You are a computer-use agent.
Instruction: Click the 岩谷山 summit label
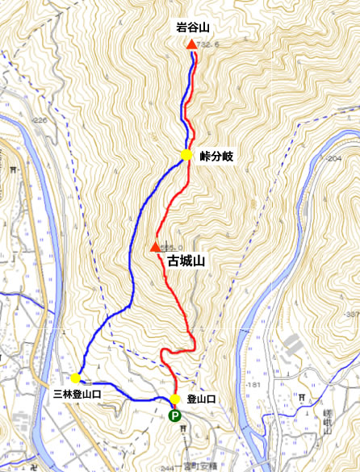(x=191, y=27)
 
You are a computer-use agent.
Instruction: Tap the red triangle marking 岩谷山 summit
(x=191, y=44)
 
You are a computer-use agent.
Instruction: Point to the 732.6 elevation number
(x=210, y=45)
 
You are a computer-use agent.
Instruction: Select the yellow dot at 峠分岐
(x=186, y=155)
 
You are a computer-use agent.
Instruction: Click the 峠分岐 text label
(x=216, y=156)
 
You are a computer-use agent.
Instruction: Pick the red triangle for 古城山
(x=155, y=247)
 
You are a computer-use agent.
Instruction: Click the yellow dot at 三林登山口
(x=75, y=378)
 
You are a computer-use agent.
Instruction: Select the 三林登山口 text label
(x=77, y=395)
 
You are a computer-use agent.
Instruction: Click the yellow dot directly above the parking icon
(x=174, y=399)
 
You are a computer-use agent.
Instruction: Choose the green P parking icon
(x=174, y=416)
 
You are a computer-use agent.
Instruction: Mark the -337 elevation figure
(x=350, y=314)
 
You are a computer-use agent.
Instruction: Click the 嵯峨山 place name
(x=333, y=411)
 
